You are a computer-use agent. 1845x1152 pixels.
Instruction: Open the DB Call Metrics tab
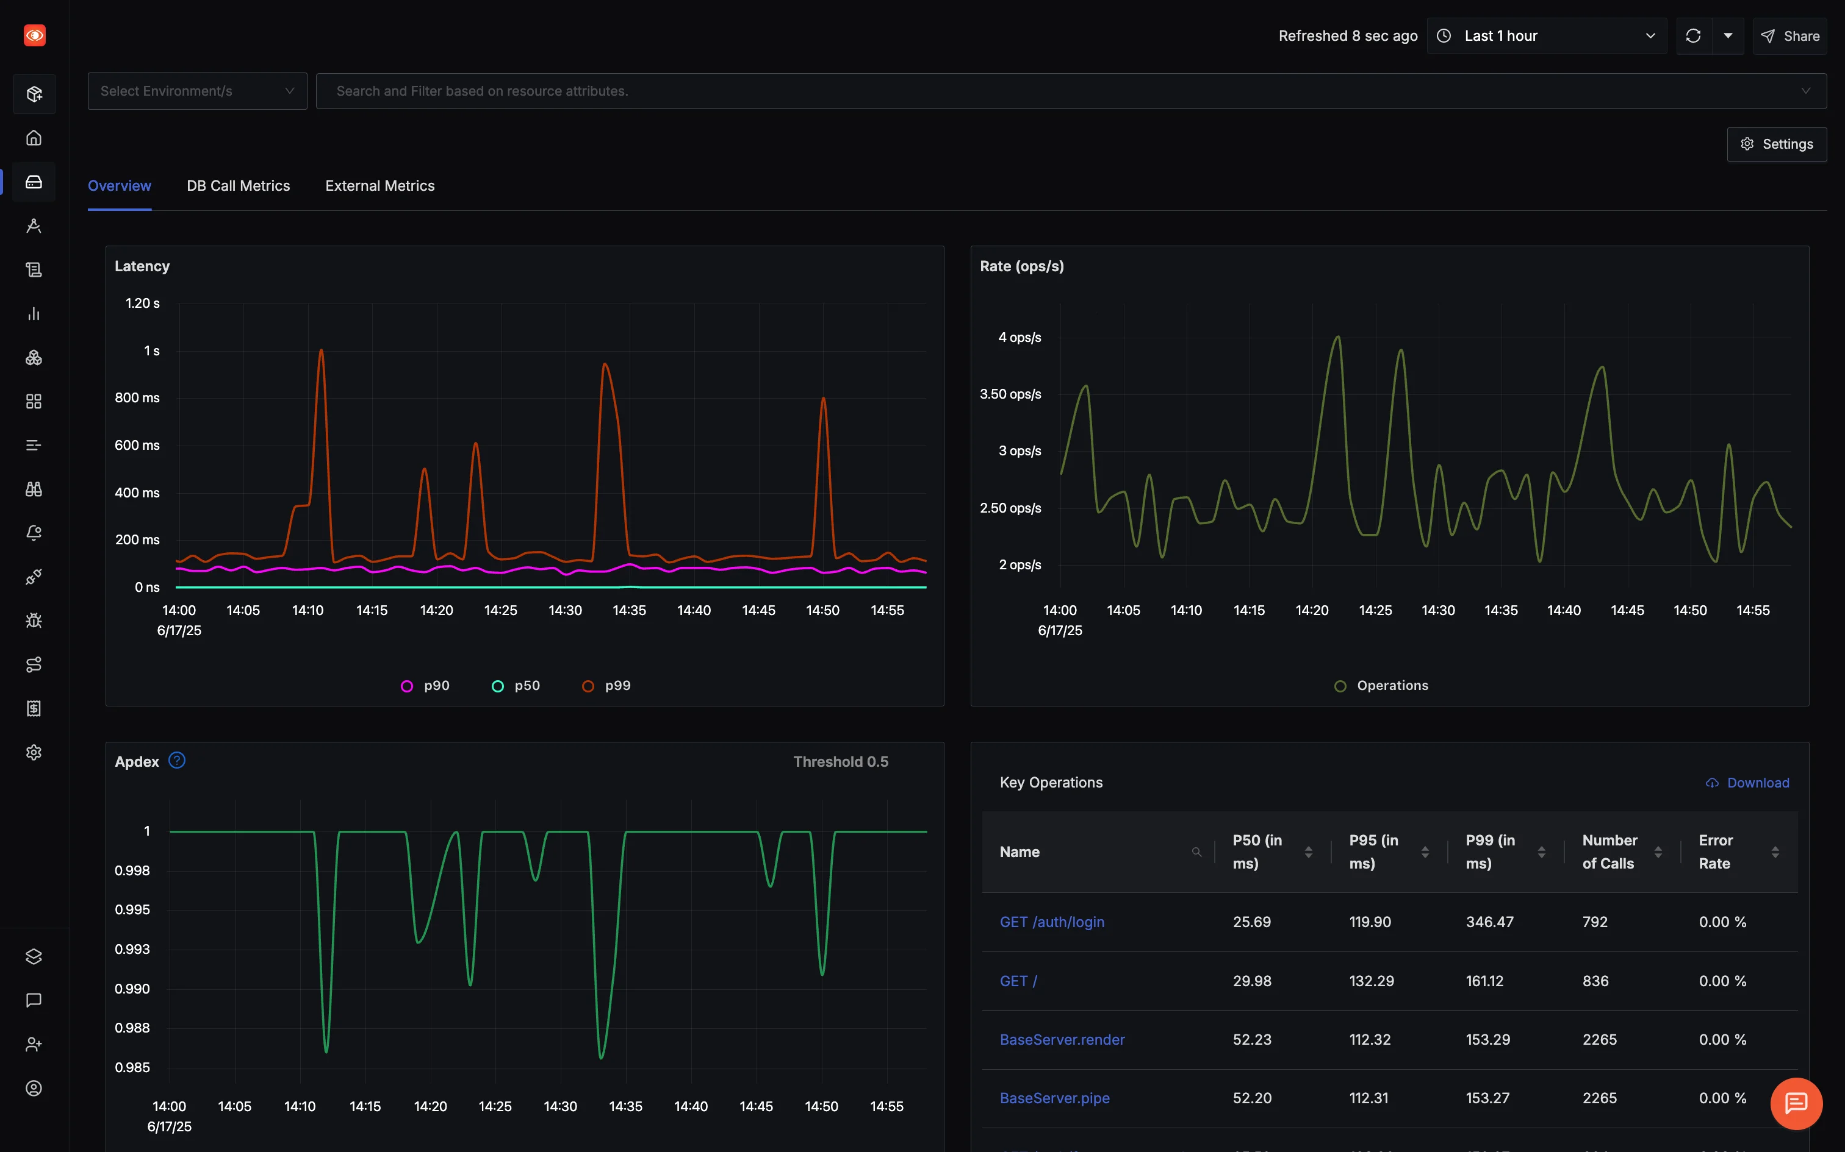[x=238, y=186]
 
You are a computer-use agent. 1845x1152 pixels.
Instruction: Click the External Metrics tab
[x=379, y=186]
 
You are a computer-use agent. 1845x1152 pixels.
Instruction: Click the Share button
[x=1789, y=36]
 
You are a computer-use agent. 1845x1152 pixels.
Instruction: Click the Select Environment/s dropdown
[x=196, y=91]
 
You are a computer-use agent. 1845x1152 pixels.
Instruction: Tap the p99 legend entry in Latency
[x=607, y=686]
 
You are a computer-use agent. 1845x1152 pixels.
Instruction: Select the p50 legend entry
[x=517, y=686]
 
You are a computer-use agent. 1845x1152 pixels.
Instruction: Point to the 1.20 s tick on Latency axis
[x=143, y=304]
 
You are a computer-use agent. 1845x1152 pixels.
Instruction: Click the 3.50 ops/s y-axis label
[x=1010, y=394]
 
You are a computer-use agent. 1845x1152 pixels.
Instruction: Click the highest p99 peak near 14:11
[x=321, y=351]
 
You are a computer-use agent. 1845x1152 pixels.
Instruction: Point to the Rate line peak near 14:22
[x=1337, y=338]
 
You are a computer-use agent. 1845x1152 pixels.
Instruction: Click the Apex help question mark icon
[x=177, y=761]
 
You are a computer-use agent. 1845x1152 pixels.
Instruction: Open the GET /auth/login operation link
[x=1051, y=922]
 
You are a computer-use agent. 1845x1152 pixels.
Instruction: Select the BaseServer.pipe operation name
[x=1054, y=1098]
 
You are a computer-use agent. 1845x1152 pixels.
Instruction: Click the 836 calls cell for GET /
[x=1595, y=981]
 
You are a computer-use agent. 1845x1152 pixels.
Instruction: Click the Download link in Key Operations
[x=1747, y=783]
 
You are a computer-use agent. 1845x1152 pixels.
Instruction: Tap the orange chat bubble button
[x=1796, y=1103]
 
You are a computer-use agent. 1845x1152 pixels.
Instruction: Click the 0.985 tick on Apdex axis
[x=132, y=1067]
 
